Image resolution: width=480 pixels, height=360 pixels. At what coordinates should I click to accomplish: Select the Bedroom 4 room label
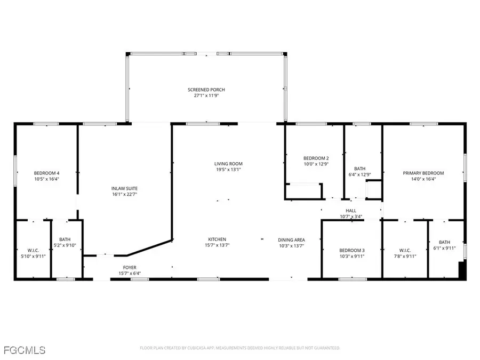tap(46, 173)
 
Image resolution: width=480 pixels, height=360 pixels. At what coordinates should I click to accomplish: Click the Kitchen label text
tap(217, 239)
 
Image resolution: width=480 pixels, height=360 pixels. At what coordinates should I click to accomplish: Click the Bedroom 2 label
tap(316, 158)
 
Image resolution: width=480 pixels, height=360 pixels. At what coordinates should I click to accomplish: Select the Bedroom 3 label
tap(352, 250)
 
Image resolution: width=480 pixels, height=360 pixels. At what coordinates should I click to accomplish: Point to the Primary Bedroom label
tap(423, 173)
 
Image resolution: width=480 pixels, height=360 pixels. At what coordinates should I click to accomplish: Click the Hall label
tap(351, 211)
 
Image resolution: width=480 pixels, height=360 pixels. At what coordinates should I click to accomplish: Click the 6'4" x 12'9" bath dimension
tap(356, 175)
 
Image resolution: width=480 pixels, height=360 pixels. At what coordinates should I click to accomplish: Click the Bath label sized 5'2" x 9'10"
tap(65, 239)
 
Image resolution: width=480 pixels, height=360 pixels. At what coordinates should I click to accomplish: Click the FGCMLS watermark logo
tap(24, 350)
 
